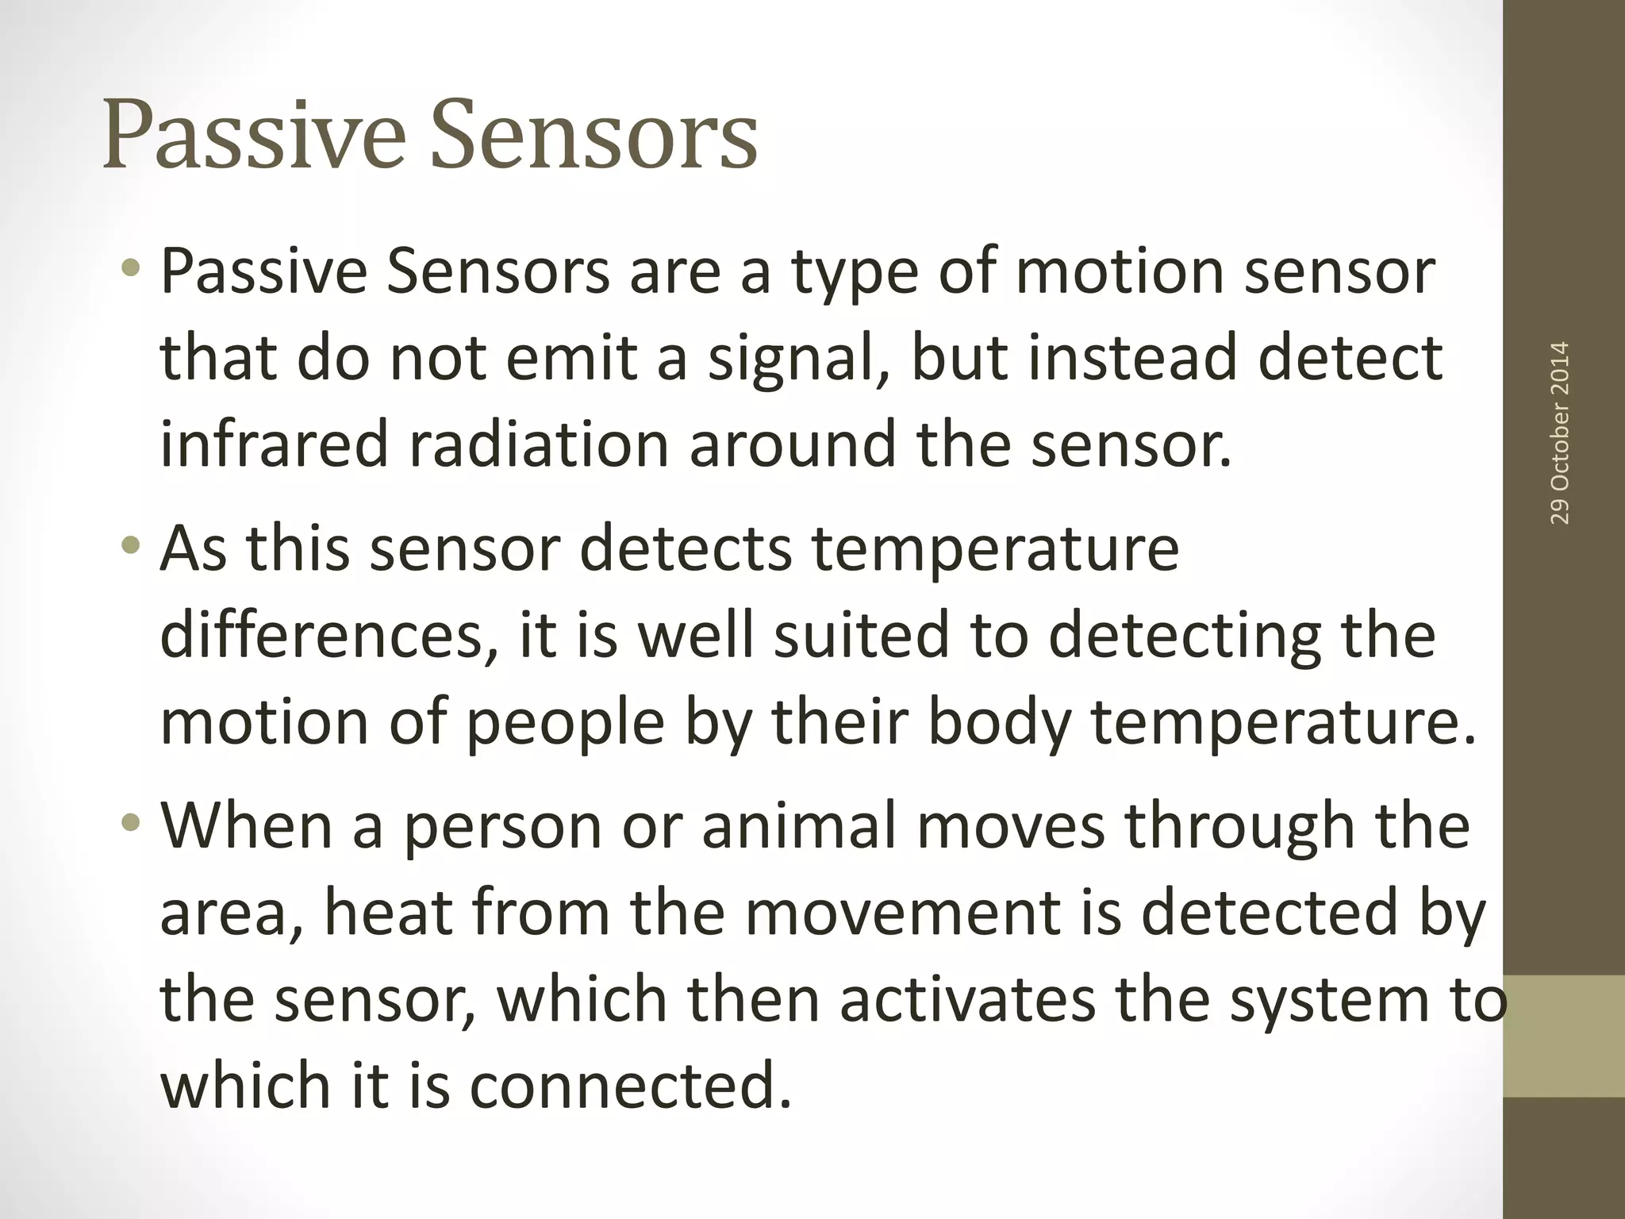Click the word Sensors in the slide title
point(594,135)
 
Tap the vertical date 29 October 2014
point(1560,433)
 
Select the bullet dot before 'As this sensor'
point(133,547)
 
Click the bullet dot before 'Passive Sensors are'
point(133,271)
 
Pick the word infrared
point(274,444)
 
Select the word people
point(564,724)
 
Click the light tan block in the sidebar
point(1564,1036)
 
